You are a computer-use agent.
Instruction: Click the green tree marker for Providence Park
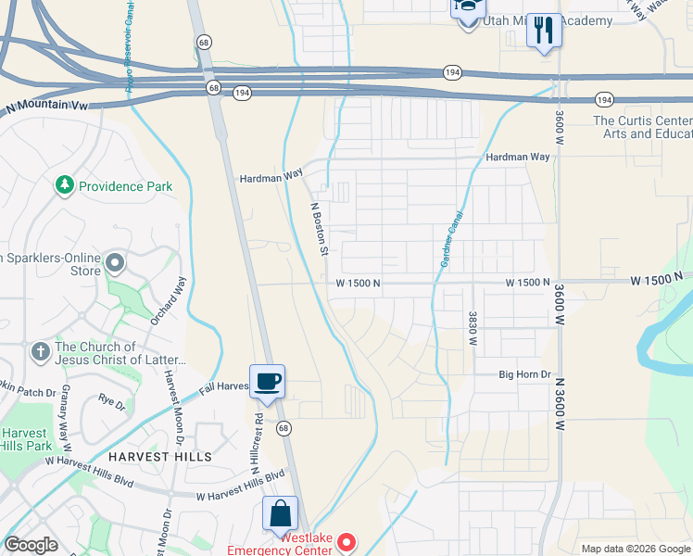tap(65, 186)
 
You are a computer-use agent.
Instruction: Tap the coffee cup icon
tap(267, 381)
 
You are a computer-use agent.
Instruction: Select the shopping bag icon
tap(280, 513)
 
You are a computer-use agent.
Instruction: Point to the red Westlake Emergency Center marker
tap(346, 541)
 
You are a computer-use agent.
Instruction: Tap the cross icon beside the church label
tap(40, 352)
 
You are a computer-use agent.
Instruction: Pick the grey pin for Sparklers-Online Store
tap(115, 264)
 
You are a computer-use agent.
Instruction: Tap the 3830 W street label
tap(472, 328)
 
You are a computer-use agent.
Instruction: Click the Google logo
tap(31, 545)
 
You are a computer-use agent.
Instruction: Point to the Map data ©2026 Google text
tap(635, 549)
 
